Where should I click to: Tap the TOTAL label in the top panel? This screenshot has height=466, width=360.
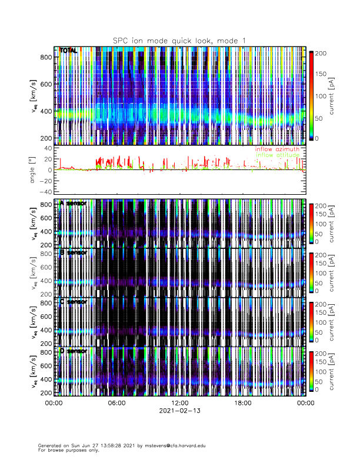tap(68, 51)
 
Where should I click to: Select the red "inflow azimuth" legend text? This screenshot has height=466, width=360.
tap(276, 149)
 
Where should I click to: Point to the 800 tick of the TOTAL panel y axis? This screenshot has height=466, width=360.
tap(46, 57)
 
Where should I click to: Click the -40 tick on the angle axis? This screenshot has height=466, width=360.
tap(45, 191)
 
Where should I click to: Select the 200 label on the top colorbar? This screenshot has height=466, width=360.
tap(321, 53)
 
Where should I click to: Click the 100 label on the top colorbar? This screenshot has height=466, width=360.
tap(321, 95)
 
